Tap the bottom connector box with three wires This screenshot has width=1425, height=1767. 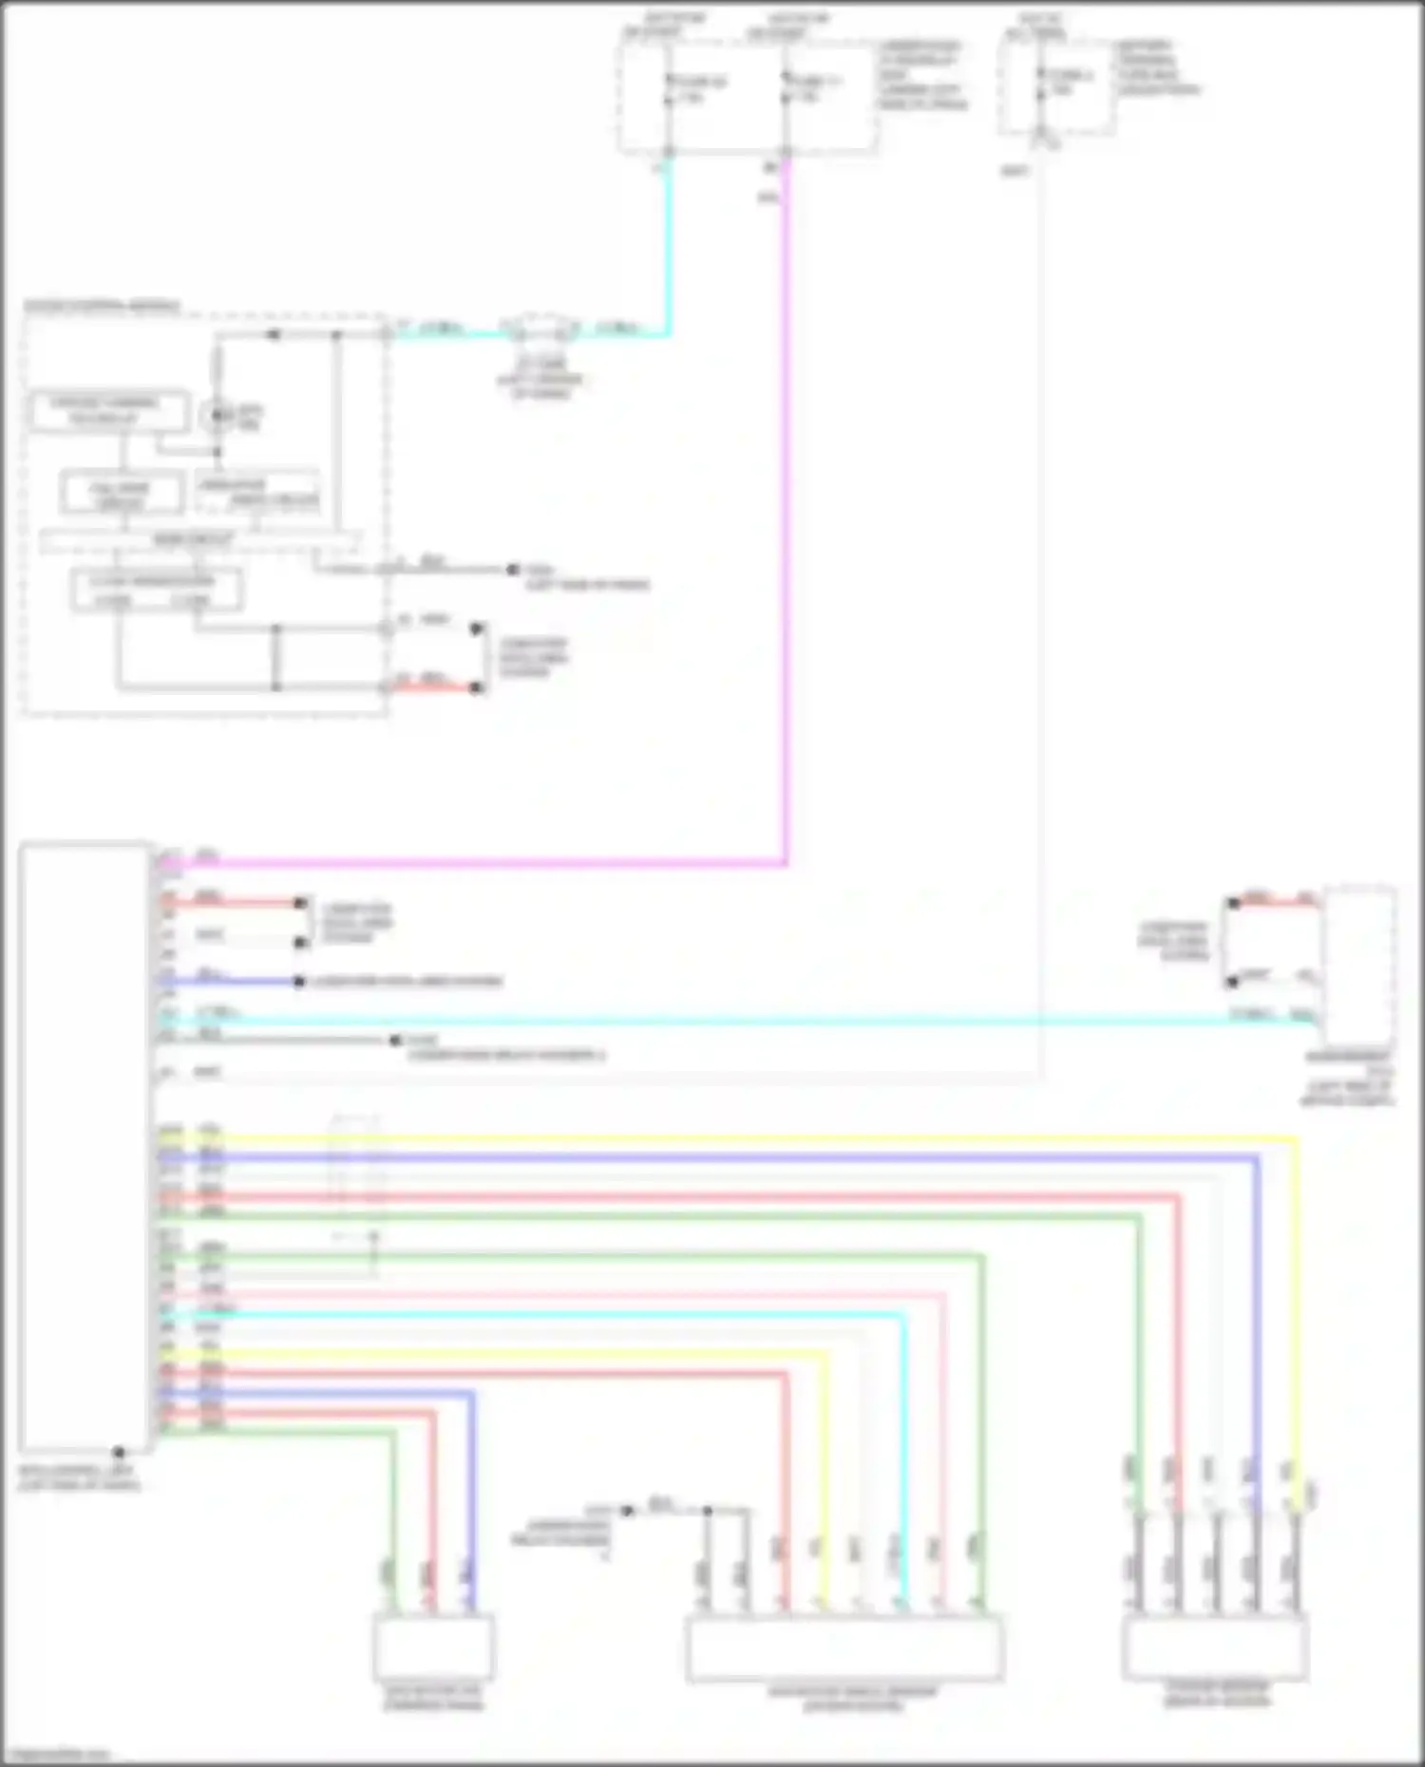433,1645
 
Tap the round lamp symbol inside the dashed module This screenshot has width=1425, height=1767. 217,415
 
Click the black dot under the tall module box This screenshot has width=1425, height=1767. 119,1453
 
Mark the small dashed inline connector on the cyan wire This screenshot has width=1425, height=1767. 541,329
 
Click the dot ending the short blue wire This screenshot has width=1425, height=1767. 299,982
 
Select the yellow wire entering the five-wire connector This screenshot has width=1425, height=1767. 1296,1329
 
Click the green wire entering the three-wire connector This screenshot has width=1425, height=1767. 392,1519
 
